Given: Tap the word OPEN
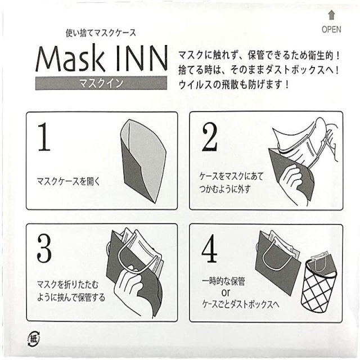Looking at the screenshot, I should (332, 29).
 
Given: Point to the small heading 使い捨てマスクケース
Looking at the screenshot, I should (101, 32).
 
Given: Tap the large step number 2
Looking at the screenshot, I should (209, 136).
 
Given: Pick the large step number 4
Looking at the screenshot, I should (209, 251).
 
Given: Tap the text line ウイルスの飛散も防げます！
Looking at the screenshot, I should (233, 85).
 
